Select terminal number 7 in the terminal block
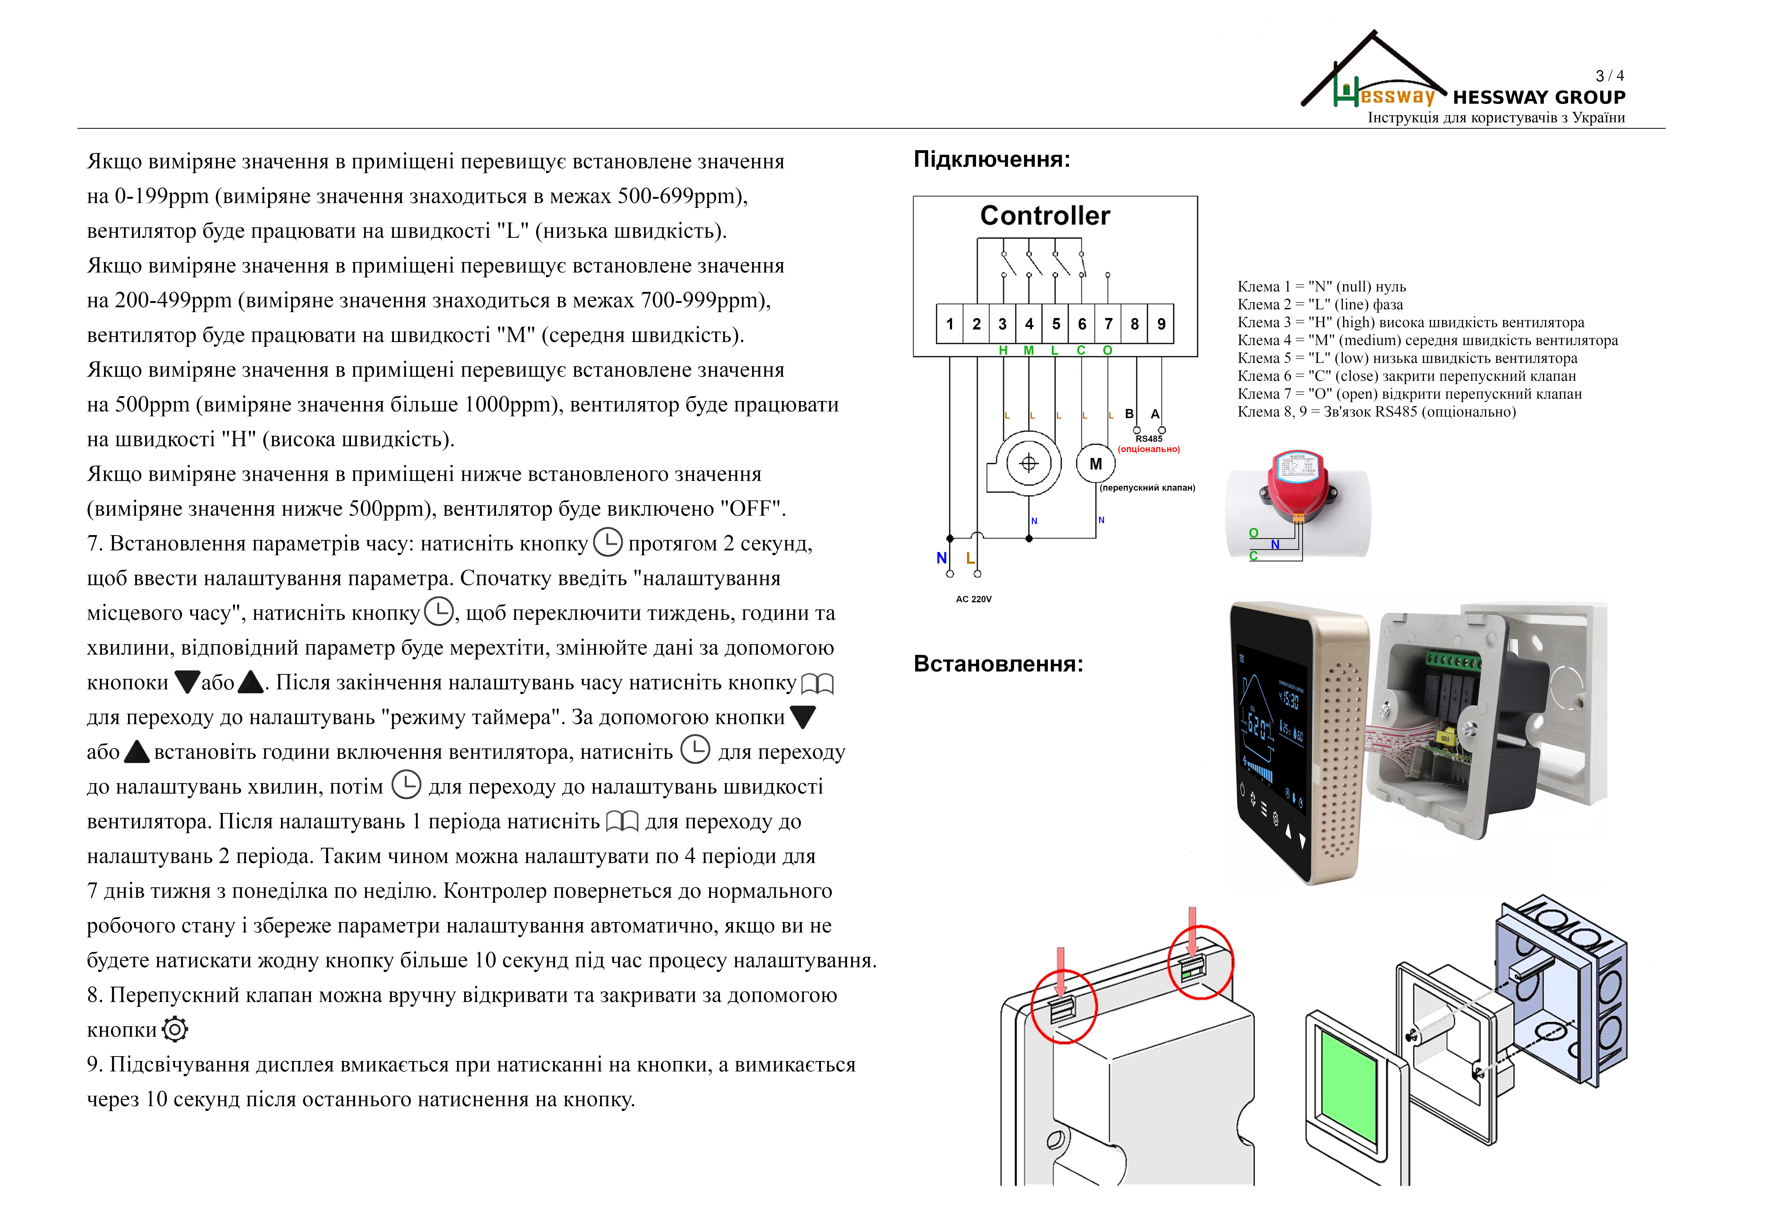coord(1108,324)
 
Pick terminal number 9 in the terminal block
coord(1161,324)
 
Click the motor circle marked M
coord(1096,464)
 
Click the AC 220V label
coord(973,599)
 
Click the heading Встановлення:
coord(998,664)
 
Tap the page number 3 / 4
coord(1609,75)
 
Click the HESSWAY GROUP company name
coord(1539,98)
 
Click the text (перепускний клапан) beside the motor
coord(1147,488)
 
